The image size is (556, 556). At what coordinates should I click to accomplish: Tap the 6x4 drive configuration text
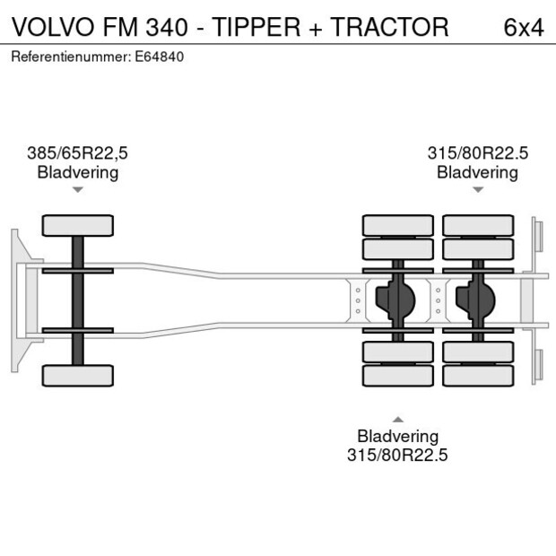tap(524, 27)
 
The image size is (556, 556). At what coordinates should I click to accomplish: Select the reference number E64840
tap(161, 56)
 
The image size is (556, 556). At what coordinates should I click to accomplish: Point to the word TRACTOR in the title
tap(390, 27)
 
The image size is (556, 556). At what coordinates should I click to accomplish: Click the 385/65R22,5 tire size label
tap(77, 153)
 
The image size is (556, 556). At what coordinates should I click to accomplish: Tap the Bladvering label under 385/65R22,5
tap(77, 172)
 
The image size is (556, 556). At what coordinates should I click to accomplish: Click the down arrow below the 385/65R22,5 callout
tap(78, 190)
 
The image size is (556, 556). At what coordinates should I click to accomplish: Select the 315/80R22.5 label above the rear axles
tap(477, 153)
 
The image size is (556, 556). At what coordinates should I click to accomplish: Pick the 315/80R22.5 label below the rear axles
tap(397, 456)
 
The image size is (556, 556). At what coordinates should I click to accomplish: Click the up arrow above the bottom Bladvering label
tap(397, 419)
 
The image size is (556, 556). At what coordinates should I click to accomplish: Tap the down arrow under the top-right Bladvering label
tap(478, 190)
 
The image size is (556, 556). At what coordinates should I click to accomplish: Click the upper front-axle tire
tap(78, 225)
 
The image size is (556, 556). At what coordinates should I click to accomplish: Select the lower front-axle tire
tap(78, 375)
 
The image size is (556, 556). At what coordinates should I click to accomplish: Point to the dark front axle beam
tap(78, 300)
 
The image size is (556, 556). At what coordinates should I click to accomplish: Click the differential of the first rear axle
tap(398, 300)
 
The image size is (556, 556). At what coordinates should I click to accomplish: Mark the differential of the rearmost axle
tap(477, 300)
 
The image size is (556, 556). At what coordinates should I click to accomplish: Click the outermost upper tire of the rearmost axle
tap(477, 224)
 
